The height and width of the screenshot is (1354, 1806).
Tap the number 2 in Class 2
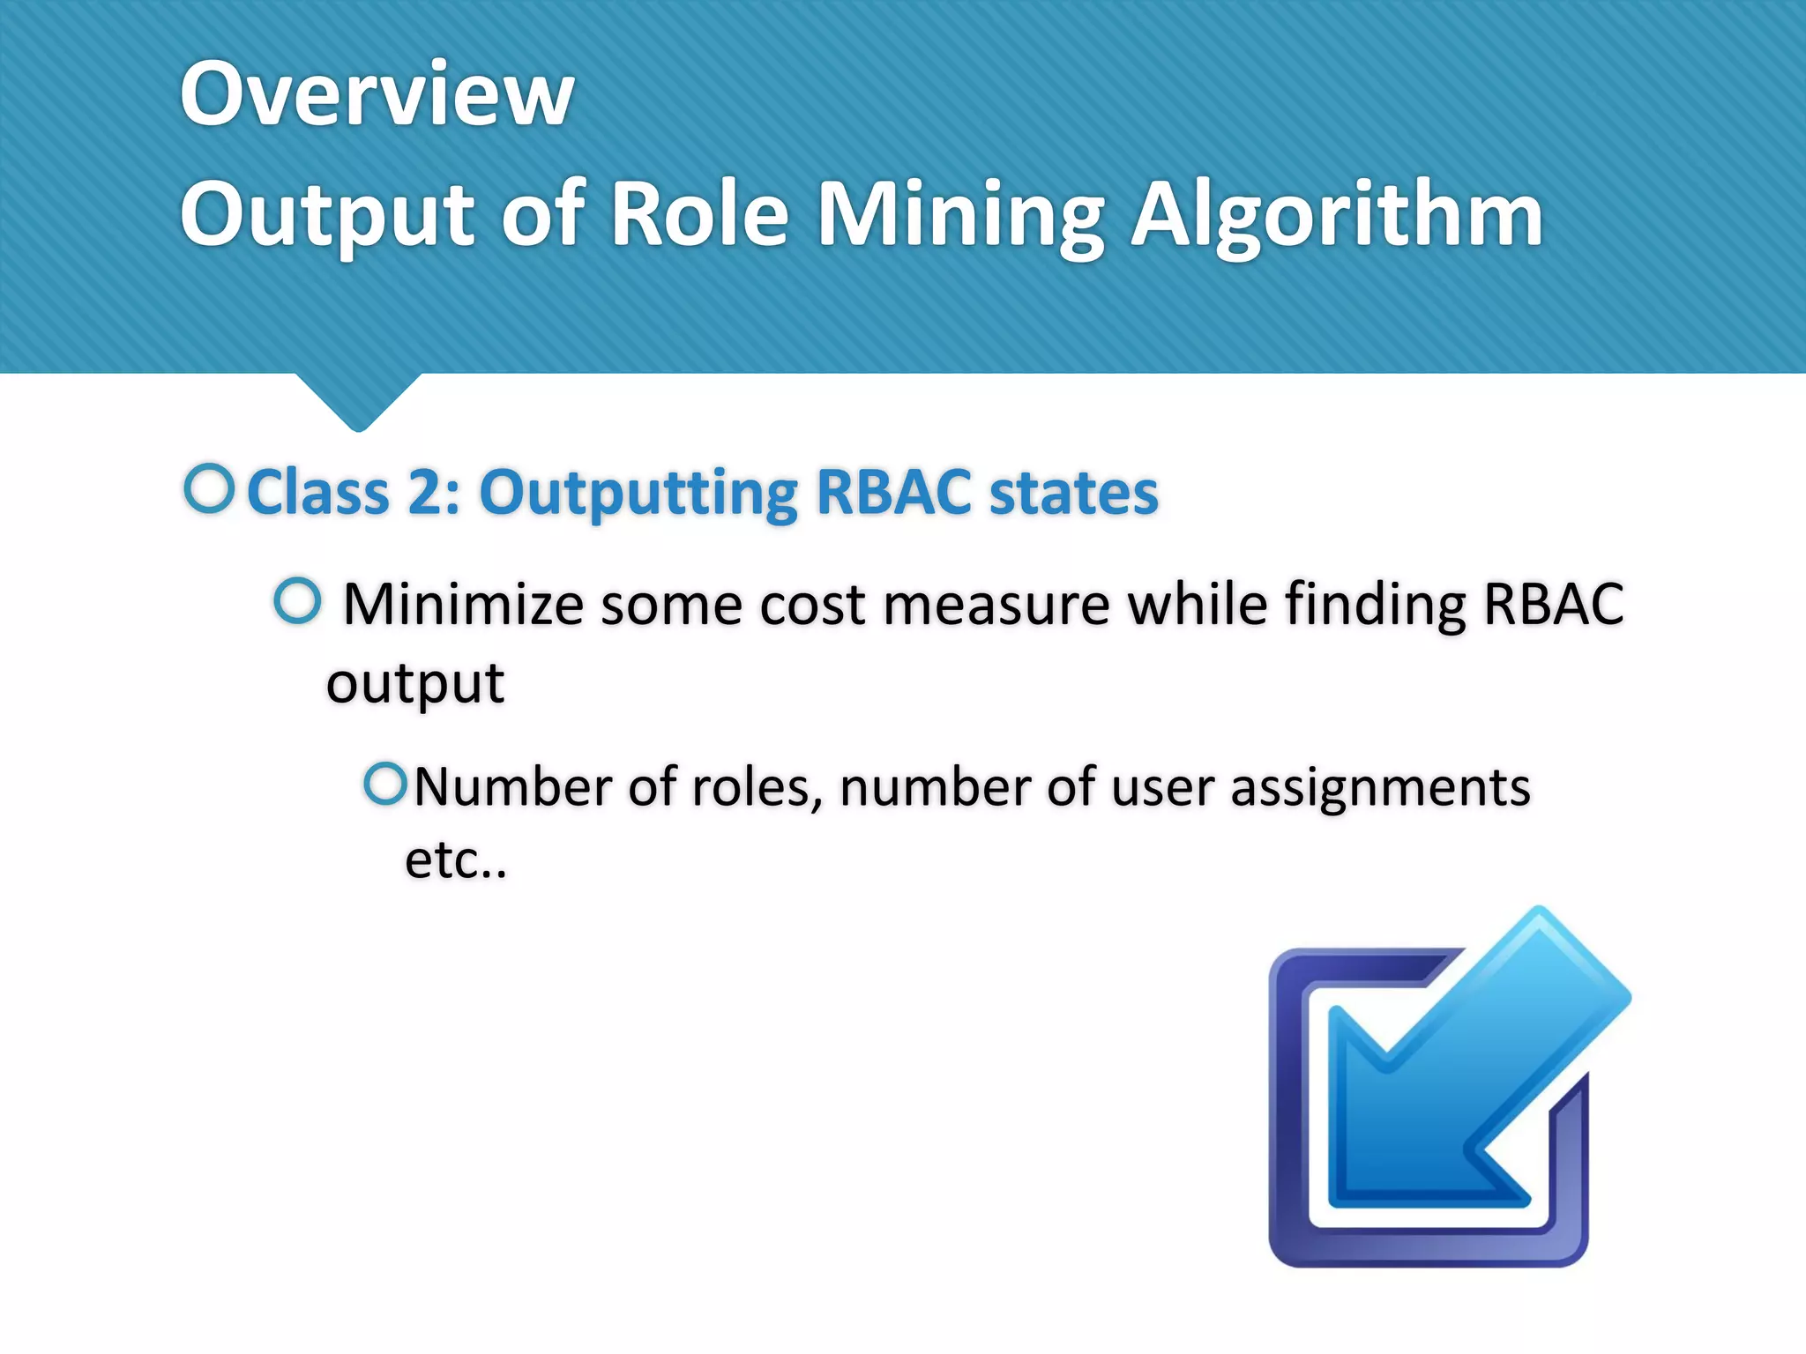[x=429, y=492]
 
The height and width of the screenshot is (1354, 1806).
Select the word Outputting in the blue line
[x=638, y=494]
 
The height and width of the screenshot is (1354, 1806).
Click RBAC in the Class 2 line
[x=894, y=492]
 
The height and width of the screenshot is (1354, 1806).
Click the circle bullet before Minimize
[x=297, y=601]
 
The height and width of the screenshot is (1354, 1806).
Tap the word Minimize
[x=463, y=605]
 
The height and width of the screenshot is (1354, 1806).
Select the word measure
[x=996, y=605]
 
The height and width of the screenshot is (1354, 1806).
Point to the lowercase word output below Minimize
[x=414, y=683]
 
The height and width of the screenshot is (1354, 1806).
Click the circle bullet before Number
[x=385, y=783]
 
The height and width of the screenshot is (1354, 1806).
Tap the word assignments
[x=1380, y=786]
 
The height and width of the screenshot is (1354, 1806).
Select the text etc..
[x=455, y=859]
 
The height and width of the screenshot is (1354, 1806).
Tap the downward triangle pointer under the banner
[x=358, y=401]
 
